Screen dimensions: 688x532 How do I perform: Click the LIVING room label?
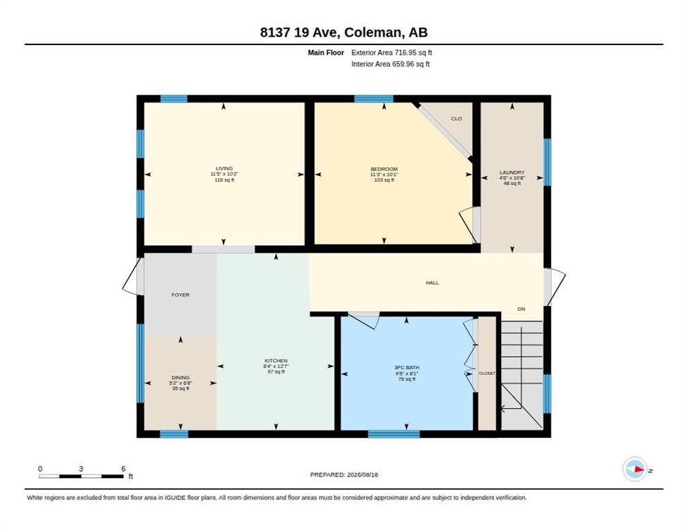tap(224, 168)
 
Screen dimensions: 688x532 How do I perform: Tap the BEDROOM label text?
tap(384, 169)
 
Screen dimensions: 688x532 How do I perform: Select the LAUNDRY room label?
tap(512, 172)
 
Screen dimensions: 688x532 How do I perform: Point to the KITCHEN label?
tap(276, 361)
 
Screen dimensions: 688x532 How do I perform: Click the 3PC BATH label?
tap(407, 368)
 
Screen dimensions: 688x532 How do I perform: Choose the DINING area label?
tap(181, 378)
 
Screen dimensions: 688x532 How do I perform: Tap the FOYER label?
tap(181, 295)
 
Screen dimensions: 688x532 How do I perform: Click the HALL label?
tap(432, 283)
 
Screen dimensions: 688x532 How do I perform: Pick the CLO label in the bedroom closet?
tap(456, 118)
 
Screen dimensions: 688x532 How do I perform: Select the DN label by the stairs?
tap(521, 309)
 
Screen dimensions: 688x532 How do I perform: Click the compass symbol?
tap(635, 469)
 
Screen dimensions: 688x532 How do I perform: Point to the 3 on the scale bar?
tap(81, 469)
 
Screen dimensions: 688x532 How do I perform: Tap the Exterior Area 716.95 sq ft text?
tap(391, 53)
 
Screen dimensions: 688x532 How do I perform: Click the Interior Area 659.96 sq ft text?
tap(390, 64)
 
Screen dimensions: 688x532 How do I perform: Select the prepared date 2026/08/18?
tap(363, 475)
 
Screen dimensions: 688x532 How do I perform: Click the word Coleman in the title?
tap(373, 33)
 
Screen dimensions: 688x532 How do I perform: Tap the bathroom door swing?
tap(364, 320)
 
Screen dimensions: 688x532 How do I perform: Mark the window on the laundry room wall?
tap(547, 161)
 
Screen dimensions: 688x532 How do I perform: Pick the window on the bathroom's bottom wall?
tap(394, 434)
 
